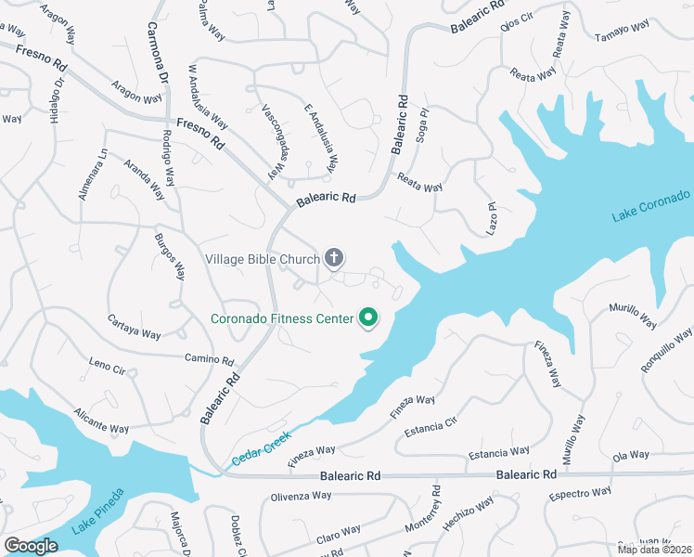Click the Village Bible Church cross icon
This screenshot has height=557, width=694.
click(x=334, y=258)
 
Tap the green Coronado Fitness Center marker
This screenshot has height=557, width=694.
click(x=367, y=318)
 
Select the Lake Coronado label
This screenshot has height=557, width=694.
click(x=651, y=206)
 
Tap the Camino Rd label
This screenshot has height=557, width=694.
click(x=209, y=359)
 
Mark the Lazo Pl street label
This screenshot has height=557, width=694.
click(x=494, y=217)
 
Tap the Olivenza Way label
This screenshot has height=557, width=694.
click(x=302, y=497)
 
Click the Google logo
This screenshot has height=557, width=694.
click(x=32, y=546)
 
